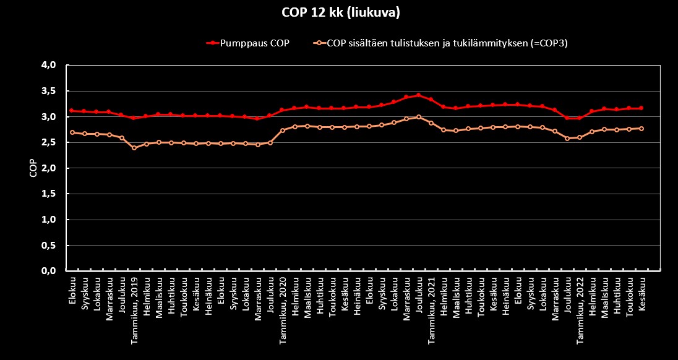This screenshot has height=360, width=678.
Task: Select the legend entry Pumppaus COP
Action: coord(254,43)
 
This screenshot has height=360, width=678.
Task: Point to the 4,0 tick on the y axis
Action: coord(49,65)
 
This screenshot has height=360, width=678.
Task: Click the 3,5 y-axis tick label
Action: coord(49,91)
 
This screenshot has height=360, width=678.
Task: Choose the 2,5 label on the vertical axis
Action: coord(49,142)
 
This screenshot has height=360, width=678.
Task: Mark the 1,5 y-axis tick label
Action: coord(49,194)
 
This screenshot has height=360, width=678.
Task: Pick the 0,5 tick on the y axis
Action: coord(49,246)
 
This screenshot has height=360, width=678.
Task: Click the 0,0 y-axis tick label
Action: coord(49,271)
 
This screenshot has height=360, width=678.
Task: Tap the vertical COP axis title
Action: coord(33,168)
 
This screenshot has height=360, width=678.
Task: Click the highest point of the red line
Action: coord(419,95)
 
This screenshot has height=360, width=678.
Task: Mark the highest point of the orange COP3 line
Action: coord(419,117)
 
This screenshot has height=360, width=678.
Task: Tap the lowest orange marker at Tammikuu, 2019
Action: coord(134,148)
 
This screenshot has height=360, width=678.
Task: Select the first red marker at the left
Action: coord(72,111)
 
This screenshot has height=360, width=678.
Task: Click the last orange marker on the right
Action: coord(642,129)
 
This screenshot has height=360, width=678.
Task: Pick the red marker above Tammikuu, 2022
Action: coord(580,118)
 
